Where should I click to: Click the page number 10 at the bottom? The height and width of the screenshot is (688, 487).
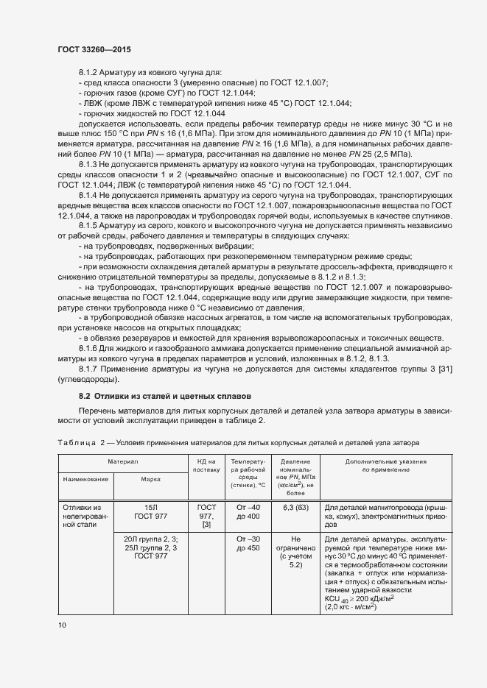(61, 625)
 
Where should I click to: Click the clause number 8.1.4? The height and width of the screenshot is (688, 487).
(89, 194)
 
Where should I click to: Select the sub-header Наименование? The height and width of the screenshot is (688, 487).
(85, 479)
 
